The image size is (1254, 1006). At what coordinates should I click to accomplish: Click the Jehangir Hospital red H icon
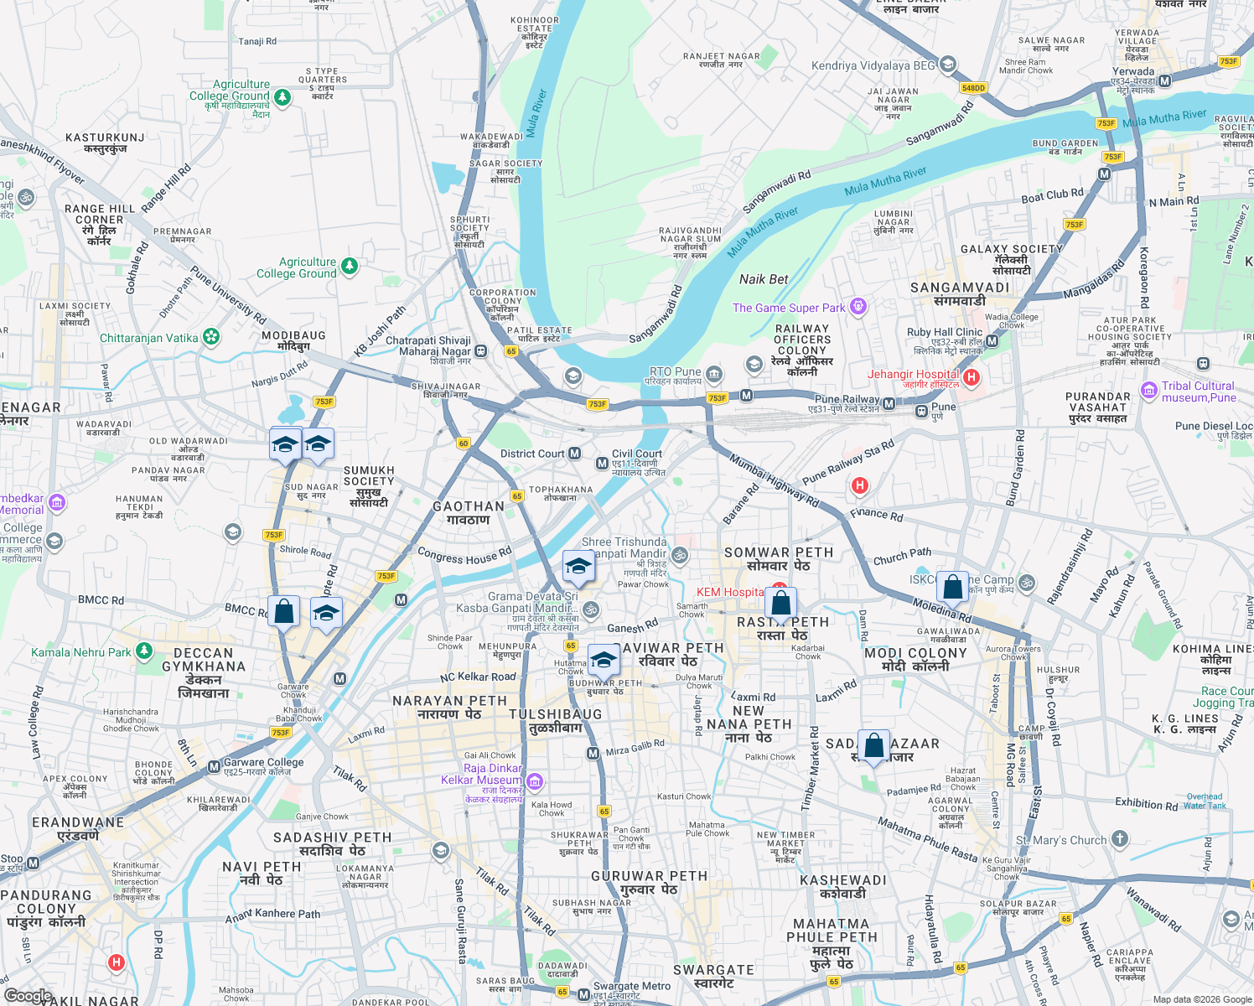pos(972,377)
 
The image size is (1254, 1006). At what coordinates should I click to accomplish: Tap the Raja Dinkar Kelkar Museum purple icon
pos(535,782)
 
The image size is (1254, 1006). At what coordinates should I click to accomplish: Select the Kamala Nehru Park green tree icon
pos(144,651)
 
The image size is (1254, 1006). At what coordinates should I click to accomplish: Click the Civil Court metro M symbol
pos(602,464)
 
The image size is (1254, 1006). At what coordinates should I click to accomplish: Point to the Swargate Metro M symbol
pos(584,994)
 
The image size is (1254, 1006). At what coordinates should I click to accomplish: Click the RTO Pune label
pos(675,371)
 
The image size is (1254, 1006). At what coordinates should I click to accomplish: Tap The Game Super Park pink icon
pos(858,307)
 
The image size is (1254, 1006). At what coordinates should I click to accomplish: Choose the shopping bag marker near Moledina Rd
pos(953,587)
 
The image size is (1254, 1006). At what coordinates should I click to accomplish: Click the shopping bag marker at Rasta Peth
pos(780,603)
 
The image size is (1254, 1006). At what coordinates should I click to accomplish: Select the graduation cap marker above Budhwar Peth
pos(604,660)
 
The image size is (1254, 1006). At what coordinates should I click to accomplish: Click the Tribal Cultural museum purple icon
pos(1149,391)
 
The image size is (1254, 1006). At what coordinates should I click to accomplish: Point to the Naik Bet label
pos(763,279)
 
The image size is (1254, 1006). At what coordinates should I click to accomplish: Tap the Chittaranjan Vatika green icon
pos(211,337)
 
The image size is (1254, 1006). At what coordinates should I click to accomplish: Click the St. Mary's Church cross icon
pos(1120,839)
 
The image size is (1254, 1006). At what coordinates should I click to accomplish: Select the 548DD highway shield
pos(973,88)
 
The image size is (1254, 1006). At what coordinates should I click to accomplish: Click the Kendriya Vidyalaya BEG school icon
pos(948,65)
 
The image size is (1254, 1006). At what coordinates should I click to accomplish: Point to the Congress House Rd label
pos(464,556)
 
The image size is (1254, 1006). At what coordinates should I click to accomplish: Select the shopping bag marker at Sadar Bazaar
pos(873,745)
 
